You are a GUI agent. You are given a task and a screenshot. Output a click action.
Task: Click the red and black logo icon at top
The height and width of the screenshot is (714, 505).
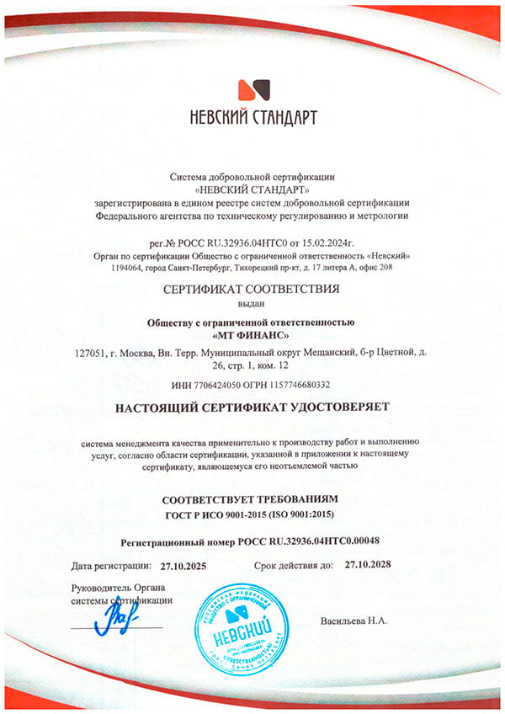point(252,91)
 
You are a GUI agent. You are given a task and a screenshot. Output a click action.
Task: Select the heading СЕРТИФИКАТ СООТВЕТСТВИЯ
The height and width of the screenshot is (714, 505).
point(252,289)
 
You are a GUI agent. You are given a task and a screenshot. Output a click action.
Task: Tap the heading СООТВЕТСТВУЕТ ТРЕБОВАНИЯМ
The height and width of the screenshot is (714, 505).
point(252,498)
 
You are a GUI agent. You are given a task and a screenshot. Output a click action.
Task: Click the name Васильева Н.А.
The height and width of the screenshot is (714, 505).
point(353,621)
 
